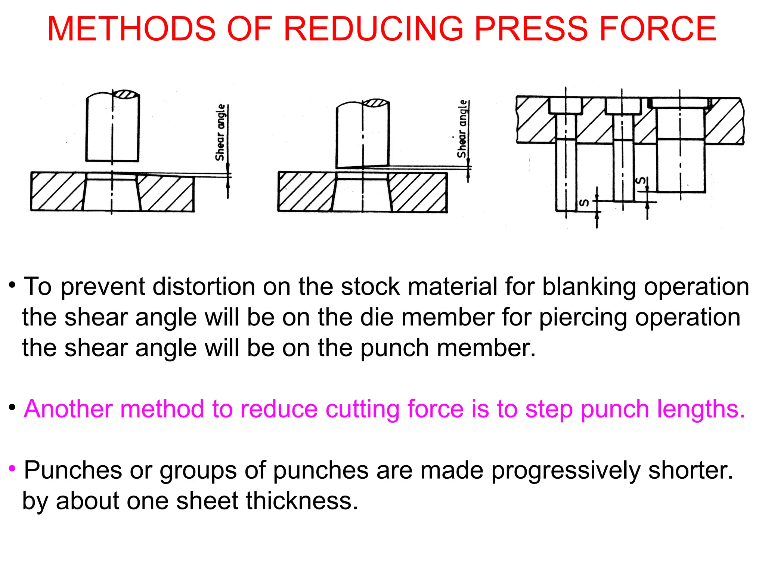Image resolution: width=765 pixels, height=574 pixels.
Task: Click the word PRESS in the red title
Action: tap(531, 29)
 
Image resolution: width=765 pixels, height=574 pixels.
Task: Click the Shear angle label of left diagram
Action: tap(220, 133)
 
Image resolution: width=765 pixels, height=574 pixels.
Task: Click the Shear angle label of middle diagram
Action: tap(462, 129)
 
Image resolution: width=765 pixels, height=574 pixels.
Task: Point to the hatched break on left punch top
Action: tap(126, 94)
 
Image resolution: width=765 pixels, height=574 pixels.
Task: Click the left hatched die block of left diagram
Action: tap(56, 191)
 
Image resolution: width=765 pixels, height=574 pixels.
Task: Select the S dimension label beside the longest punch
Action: tap(584, 203)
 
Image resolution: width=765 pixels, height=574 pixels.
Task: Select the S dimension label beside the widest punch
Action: tap(641, 181)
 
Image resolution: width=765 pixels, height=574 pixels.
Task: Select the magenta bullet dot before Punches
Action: tap(12, 468)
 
